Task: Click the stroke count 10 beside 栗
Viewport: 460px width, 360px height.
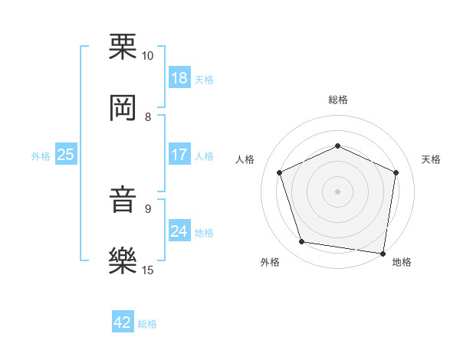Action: coord(147,56)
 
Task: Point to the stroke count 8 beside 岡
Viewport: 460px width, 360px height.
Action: coord(147,117)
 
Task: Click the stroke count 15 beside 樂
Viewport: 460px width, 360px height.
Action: coord(147,270)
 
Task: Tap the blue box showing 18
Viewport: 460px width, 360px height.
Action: coord(179,78)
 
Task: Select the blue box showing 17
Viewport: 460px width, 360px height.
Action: coord(179,155)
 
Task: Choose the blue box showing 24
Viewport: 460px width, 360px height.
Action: coord(179,231)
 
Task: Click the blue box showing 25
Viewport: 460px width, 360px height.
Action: coord(66,155)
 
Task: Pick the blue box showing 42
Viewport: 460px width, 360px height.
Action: coord(123,322)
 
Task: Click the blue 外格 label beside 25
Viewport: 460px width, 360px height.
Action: coord(40,155)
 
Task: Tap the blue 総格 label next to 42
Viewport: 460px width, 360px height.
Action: coord(147,324)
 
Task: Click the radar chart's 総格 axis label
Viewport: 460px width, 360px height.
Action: coord(337,100)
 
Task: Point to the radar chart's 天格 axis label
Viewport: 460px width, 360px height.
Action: coord(431,159)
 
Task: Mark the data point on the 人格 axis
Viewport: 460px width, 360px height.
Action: coord(280,172)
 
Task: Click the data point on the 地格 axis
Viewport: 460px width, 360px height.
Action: coord(383,253)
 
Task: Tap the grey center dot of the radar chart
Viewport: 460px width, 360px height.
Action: coord(337,191)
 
